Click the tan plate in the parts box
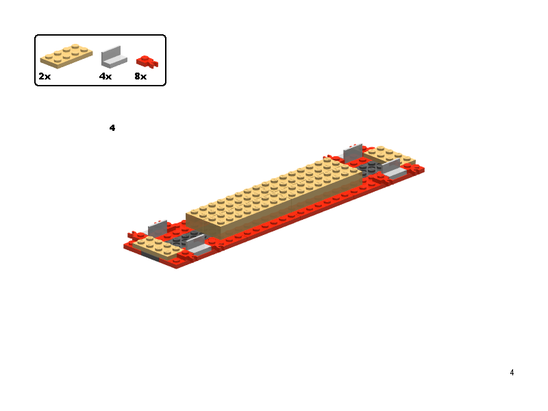[66, 56]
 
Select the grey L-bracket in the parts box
[114, 58]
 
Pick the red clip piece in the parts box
[147, 62]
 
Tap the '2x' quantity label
[45, 76]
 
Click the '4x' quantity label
[105, 76]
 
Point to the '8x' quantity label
[140, 76]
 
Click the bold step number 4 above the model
[112, 128]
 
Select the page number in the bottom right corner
[512, 373]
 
